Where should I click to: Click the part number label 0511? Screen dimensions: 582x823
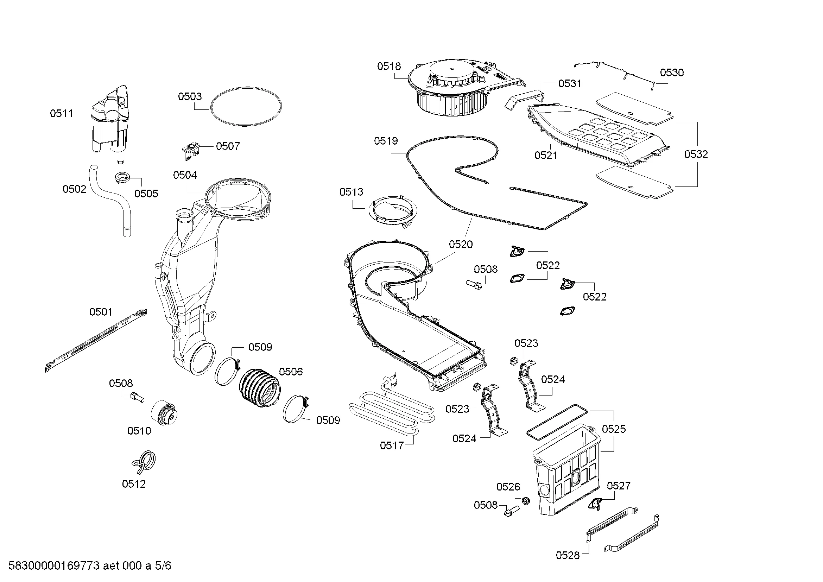(x=61, y=114)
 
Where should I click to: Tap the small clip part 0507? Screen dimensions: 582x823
(x=190, y=150)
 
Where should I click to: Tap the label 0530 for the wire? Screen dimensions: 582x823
(x=672, y=73)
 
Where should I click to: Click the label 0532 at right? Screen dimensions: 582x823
(x=696, y=154)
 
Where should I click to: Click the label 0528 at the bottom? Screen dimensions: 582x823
(x=568, y=556)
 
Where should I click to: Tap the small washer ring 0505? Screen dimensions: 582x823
(x=122, y=177)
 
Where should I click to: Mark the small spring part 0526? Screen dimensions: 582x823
(x=525, y=501)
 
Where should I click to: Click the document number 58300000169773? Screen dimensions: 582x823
(x=54, y=566)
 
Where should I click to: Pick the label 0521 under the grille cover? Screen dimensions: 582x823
(x=546, y=155)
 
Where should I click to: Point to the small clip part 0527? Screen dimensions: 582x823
(x=595, y=504)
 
